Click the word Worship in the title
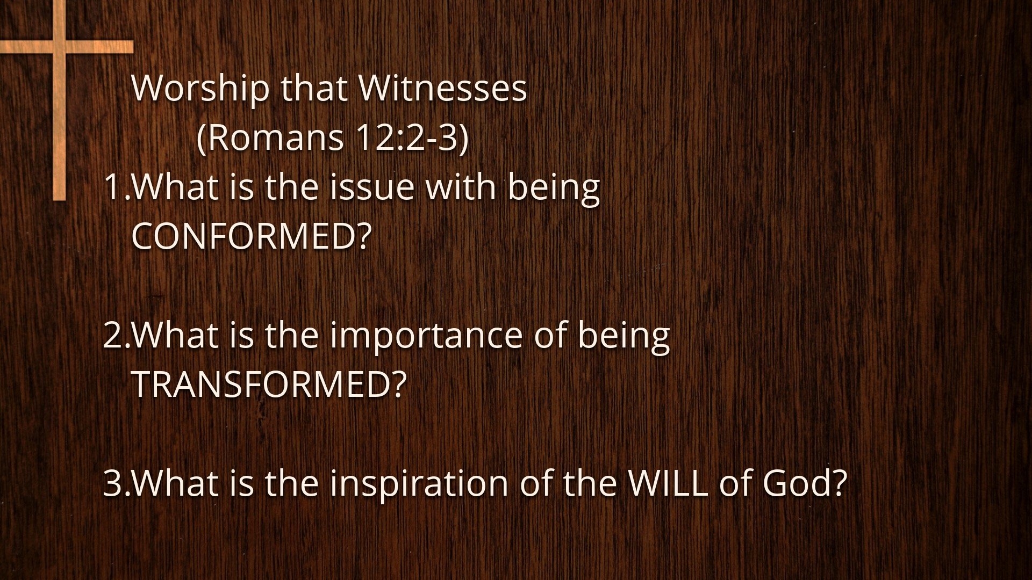tap(200, 89)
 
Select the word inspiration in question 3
tap(419, 483)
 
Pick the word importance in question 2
tap(426, 335)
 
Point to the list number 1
tap(113, 187)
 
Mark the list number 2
tap(113, 335)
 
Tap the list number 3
tap(113, 483)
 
